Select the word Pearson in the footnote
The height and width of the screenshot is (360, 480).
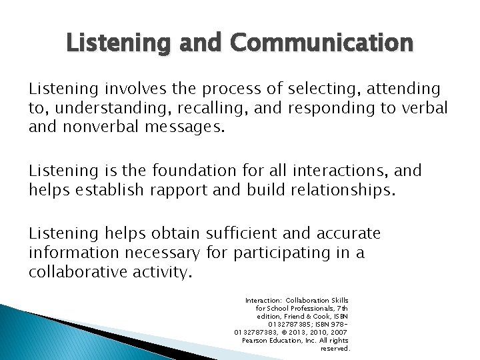tap(255, 340)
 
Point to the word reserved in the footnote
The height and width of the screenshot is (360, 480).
tap(335, 348)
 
